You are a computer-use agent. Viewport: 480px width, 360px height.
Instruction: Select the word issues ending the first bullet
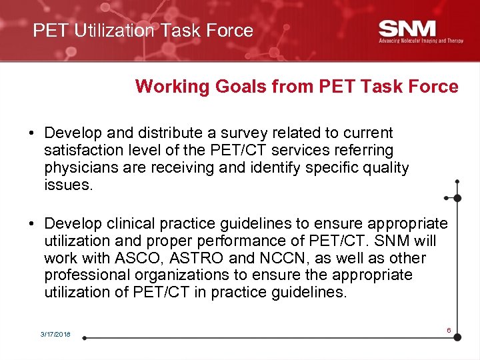67,185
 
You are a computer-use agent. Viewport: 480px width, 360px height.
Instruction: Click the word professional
85,275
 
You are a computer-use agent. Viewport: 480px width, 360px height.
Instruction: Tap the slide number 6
449,330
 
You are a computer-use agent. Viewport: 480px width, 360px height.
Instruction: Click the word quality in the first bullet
385,168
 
